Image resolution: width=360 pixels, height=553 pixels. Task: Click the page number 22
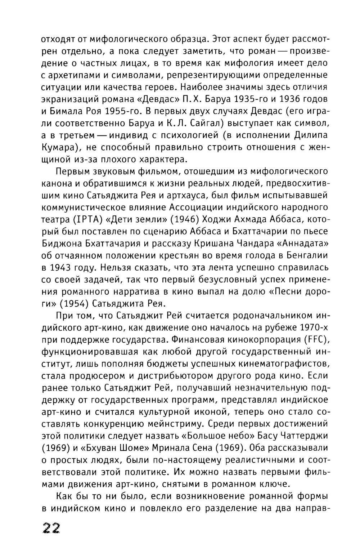51,528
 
